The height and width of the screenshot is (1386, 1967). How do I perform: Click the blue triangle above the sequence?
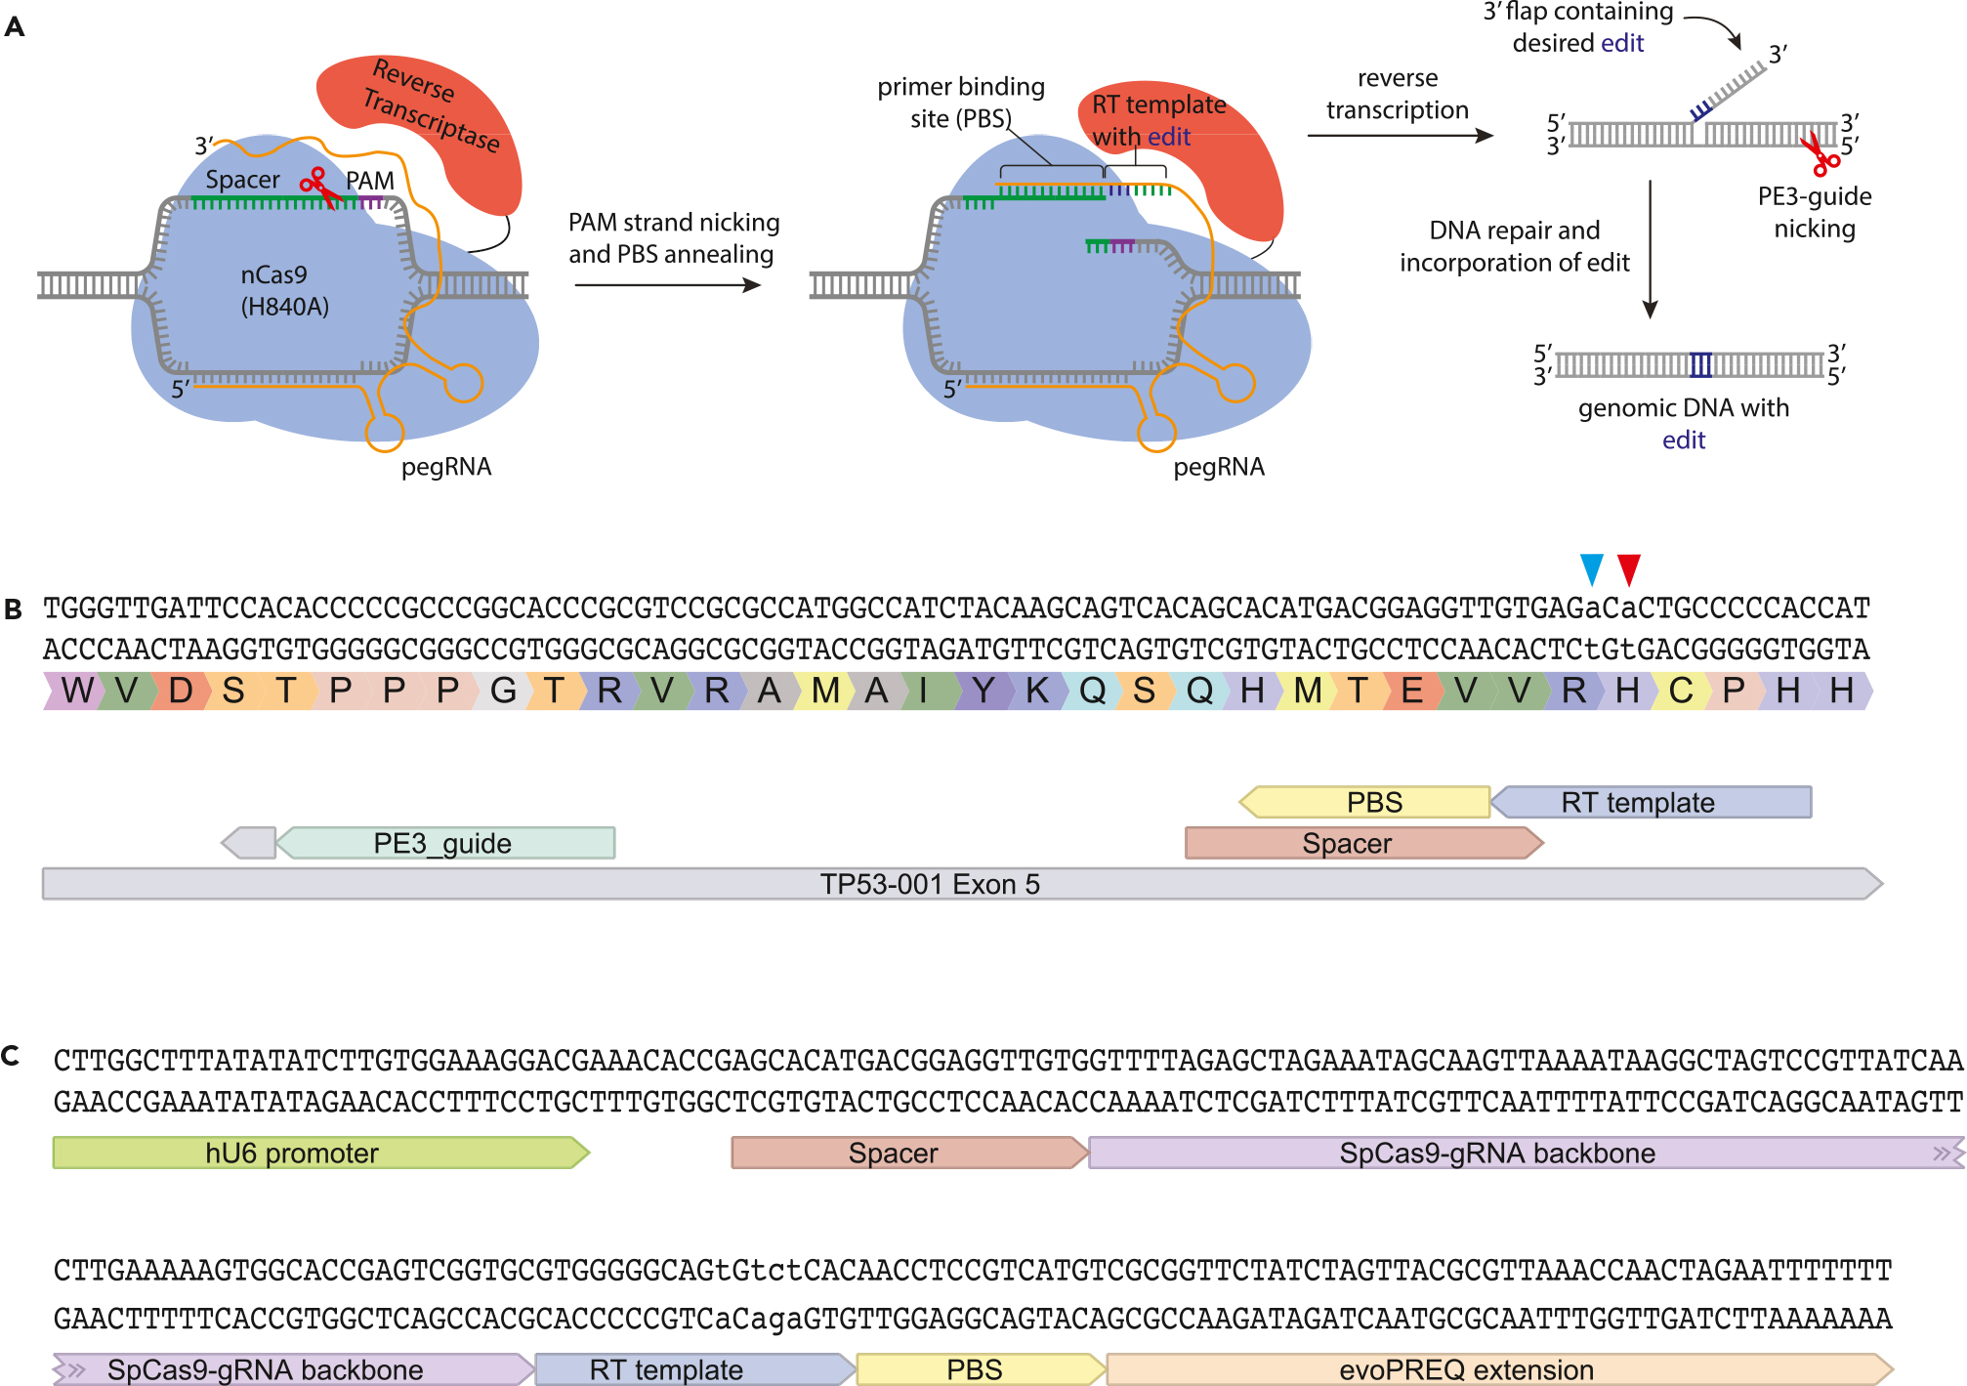point(1591,567)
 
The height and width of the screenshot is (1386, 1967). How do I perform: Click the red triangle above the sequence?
point(1629,567)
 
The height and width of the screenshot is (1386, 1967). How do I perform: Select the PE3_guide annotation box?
point(445,843)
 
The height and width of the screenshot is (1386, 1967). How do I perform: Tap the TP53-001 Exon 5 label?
point(929,884)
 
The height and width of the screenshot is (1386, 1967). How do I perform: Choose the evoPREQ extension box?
point(1498,1369)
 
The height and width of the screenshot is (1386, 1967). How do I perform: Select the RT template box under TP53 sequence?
point(1652,802)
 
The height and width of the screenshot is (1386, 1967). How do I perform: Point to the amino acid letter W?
point(77,691)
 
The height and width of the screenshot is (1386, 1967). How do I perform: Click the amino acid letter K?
point(1036,691)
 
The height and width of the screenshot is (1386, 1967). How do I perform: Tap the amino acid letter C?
point(1680,691)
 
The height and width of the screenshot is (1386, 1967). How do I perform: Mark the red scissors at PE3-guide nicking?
point(1819,153)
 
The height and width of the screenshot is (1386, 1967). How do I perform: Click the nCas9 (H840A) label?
point(283,290)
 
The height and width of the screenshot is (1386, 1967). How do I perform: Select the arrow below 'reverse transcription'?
point(1400,136)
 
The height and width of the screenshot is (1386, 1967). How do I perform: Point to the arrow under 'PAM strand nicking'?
point(667,285)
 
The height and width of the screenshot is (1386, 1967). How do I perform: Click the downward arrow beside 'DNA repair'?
point(1650,249)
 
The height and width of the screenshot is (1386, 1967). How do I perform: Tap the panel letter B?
point(14,609)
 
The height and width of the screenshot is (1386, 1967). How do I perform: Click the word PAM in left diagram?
point(370,181)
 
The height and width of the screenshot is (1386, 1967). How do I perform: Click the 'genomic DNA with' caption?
point(1683,407)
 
